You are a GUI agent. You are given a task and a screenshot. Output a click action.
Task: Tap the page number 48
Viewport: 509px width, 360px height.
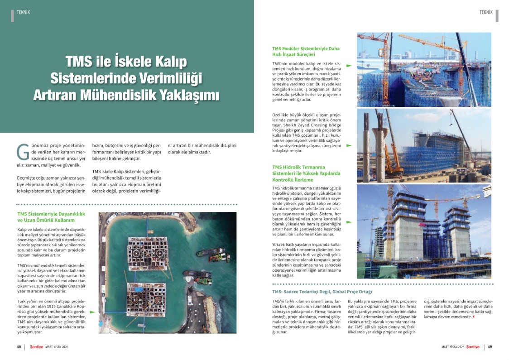(19, 347)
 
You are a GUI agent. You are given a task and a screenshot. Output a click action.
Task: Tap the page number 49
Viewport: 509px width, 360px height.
(490, 347)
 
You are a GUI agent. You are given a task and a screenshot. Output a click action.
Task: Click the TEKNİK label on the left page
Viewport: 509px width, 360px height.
(23, 12)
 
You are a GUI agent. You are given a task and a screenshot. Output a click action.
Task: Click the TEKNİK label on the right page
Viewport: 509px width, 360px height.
(486, 12)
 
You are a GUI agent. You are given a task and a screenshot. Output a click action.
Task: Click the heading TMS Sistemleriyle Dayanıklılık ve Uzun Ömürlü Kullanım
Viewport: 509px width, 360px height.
(48, 216)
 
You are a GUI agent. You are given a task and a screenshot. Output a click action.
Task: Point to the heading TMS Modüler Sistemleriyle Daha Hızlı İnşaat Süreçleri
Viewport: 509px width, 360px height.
(306, 51)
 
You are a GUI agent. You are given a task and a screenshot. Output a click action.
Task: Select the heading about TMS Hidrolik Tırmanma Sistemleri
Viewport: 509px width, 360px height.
(306, 173)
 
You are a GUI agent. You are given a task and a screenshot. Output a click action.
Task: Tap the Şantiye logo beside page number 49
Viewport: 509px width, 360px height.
(473, 347)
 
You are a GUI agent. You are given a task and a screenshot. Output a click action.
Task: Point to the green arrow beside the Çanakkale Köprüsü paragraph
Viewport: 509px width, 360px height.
(92, 312)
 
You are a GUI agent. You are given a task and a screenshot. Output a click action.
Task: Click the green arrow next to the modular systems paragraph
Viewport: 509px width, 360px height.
(349, 66)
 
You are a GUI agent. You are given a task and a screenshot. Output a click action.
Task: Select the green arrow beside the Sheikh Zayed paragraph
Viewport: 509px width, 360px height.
(349, 146)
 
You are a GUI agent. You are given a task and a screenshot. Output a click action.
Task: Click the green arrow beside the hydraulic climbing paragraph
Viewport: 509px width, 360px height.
(349, 222)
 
